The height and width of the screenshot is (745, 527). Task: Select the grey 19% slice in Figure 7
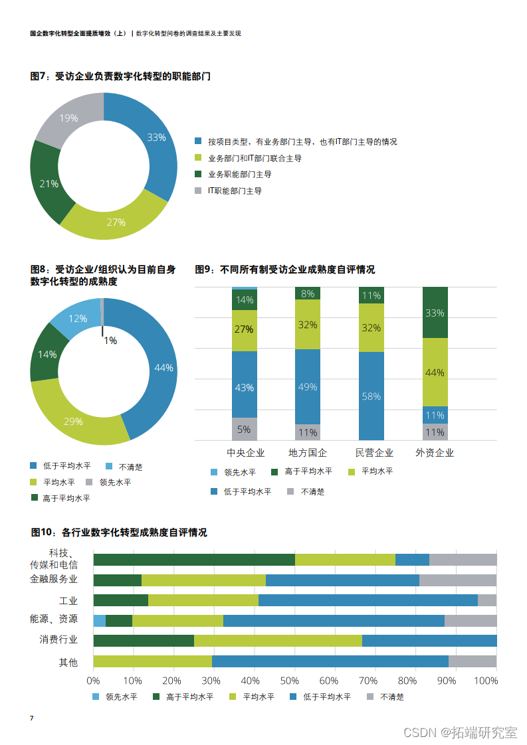69,118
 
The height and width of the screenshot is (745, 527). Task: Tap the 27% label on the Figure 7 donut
116,222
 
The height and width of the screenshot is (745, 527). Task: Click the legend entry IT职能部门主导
235,191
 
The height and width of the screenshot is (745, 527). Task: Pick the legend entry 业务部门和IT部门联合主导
255,158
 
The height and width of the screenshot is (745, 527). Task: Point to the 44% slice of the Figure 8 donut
163,368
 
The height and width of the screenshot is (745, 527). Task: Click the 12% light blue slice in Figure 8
78,319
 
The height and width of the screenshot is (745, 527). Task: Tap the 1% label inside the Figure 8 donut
110,341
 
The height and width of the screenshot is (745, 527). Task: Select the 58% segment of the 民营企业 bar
371,396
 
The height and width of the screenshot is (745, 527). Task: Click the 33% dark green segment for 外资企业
435,313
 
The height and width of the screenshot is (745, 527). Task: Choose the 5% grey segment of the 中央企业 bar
244,429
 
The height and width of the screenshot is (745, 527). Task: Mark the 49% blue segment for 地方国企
308,387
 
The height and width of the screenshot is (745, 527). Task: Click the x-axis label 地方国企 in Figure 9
308,453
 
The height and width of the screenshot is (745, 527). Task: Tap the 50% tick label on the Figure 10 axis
290,681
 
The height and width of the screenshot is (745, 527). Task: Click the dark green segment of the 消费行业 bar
144,641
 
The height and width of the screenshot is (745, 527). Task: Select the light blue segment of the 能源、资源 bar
99,621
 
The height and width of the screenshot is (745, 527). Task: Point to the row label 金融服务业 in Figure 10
54,578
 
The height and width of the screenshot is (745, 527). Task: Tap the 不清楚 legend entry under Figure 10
391,697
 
